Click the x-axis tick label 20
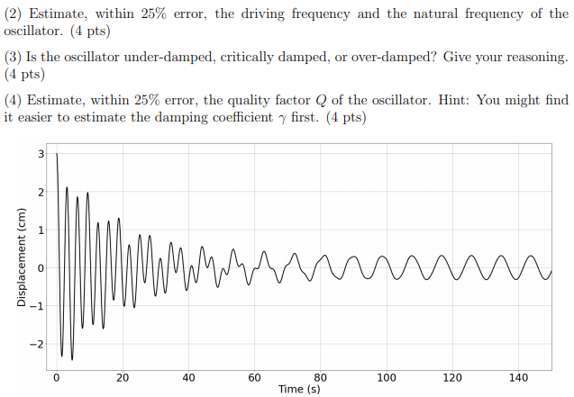point(123,377)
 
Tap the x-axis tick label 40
point(188,377)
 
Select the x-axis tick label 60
point(254,377)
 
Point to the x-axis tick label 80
point(321,377)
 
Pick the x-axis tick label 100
point(387,377)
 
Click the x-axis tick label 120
point(452,377)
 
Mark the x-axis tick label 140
point(518,377)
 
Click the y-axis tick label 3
point(40,154)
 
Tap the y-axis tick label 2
point(40,193)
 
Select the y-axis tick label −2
point(37,345)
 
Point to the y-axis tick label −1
point(37,307)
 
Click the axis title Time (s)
point(299,389)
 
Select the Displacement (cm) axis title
point(21,258)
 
